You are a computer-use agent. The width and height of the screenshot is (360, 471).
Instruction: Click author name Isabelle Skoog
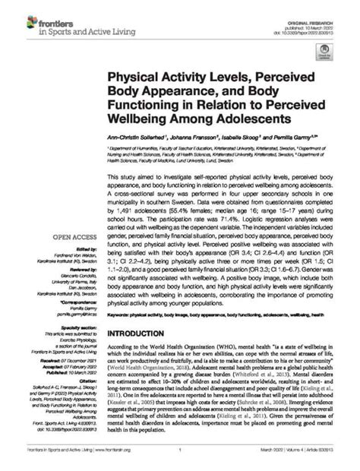pyautogui.click(x=257, y=138)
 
